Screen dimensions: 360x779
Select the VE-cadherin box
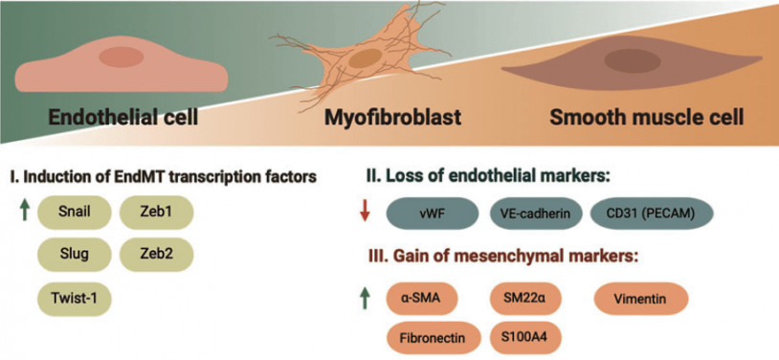tap(535, 214)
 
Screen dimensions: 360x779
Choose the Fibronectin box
tap(433, 337)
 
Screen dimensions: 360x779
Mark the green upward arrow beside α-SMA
tap(364, 299)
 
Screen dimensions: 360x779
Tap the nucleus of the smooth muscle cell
tap(631, 62)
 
